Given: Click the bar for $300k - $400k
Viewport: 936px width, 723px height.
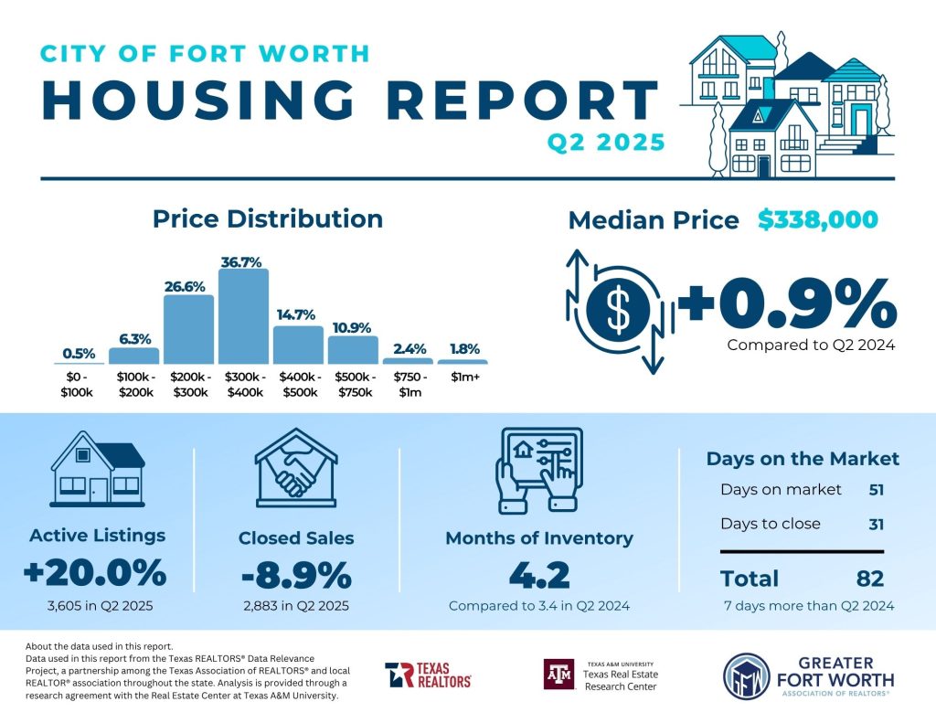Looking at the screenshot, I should [x=243, y=316].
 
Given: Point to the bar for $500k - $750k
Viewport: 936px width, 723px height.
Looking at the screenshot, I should [x=353, y=350].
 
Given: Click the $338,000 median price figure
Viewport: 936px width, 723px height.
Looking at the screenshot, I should [x=817, y=220].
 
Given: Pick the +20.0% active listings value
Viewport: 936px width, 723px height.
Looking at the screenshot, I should [x=96, y=574].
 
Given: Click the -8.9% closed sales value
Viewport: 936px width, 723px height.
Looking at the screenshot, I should [x=296, y=576].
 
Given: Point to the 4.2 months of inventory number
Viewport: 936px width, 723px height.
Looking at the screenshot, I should [x=538, y=576].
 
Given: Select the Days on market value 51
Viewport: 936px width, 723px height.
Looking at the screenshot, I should [x=876, y=490].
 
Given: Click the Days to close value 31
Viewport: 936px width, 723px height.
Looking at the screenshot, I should [x=876, y=525].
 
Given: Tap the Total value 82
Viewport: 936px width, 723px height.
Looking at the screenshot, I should [x=870, y=579].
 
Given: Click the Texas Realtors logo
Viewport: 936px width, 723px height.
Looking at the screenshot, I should [x=428, y=675].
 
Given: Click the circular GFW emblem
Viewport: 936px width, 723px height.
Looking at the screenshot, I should [x=744, y=676].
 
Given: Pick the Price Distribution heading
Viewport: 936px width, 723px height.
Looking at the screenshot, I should [x=267, y=219].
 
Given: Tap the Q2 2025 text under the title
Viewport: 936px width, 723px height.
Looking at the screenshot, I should [x=605, y=144].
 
